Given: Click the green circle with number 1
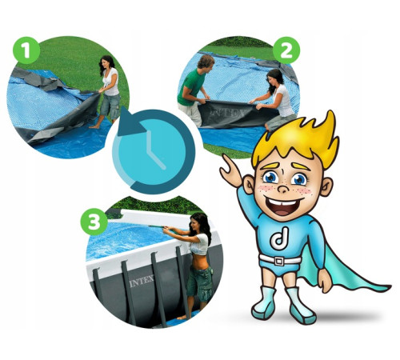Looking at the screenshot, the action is [26, 50].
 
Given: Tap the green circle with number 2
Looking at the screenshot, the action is [286, 50].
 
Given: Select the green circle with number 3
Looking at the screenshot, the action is [94, 222].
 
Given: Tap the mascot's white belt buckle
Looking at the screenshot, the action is [279, 261].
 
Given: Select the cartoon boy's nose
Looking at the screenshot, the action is [283, 187].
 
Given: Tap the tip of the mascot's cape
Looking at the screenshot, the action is [390, 287].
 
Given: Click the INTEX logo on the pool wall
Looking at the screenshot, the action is [142, 281].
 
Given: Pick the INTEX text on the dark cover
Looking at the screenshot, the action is [227, 114].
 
